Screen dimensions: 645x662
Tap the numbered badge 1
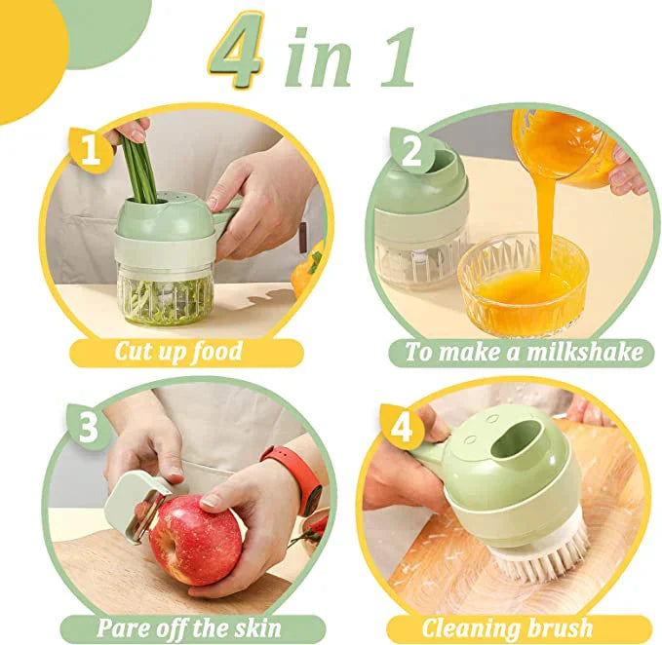coord(90,152)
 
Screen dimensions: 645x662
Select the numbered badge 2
coord(411,151)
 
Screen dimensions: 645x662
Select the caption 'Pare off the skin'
coord(189,627)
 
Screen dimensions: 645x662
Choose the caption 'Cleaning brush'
coord(506,627)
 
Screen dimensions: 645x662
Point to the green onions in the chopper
coord(143,170)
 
